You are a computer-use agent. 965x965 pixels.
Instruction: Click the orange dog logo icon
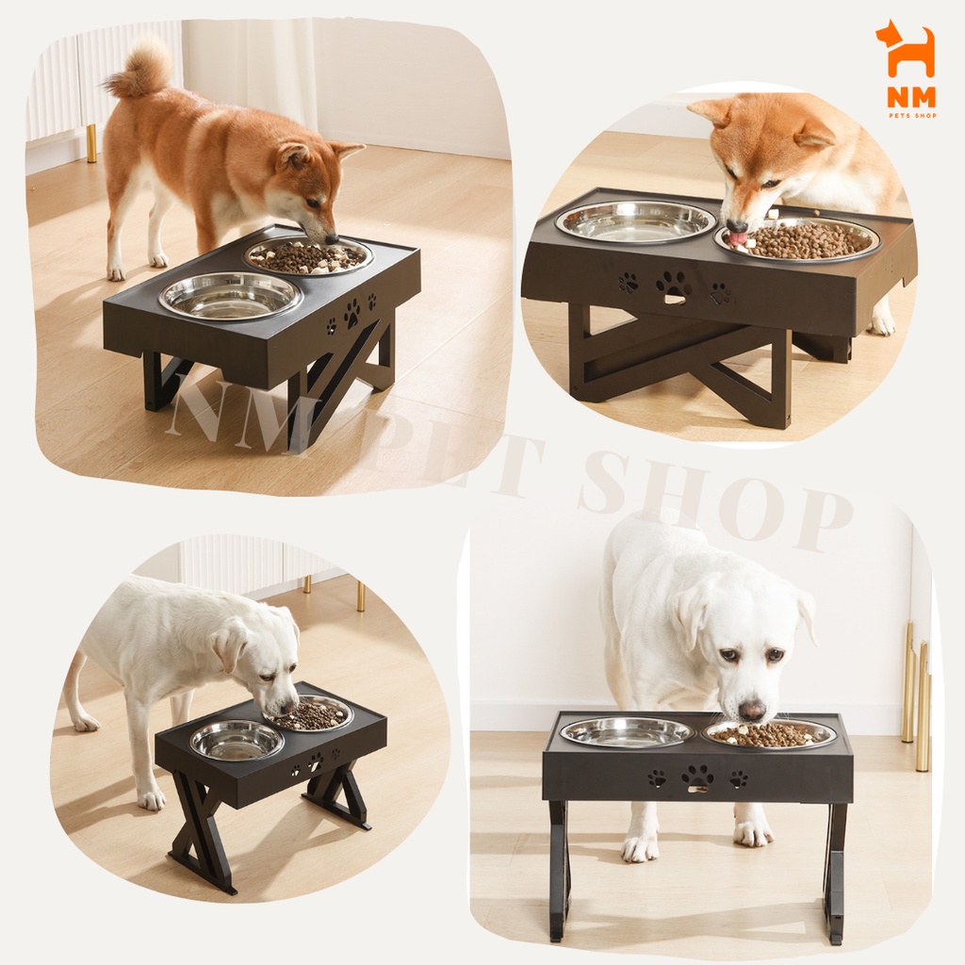pos(905,51)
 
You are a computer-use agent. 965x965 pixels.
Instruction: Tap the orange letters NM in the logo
pos(911,97)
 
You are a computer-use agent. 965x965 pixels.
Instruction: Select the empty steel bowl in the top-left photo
pos(231,297)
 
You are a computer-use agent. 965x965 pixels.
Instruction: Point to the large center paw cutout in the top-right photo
pos(673,286)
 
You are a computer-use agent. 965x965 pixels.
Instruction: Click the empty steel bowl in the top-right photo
pos(636,221)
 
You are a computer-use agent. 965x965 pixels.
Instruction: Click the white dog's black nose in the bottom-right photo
pos(752,711)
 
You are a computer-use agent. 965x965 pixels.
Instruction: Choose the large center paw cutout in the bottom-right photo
pos(697,777)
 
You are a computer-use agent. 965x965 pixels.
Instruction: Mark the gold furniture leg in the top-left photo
pos(91,144)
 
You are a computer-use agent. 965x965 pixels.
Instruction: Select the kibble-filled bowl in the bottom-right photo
pos(769,734)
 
